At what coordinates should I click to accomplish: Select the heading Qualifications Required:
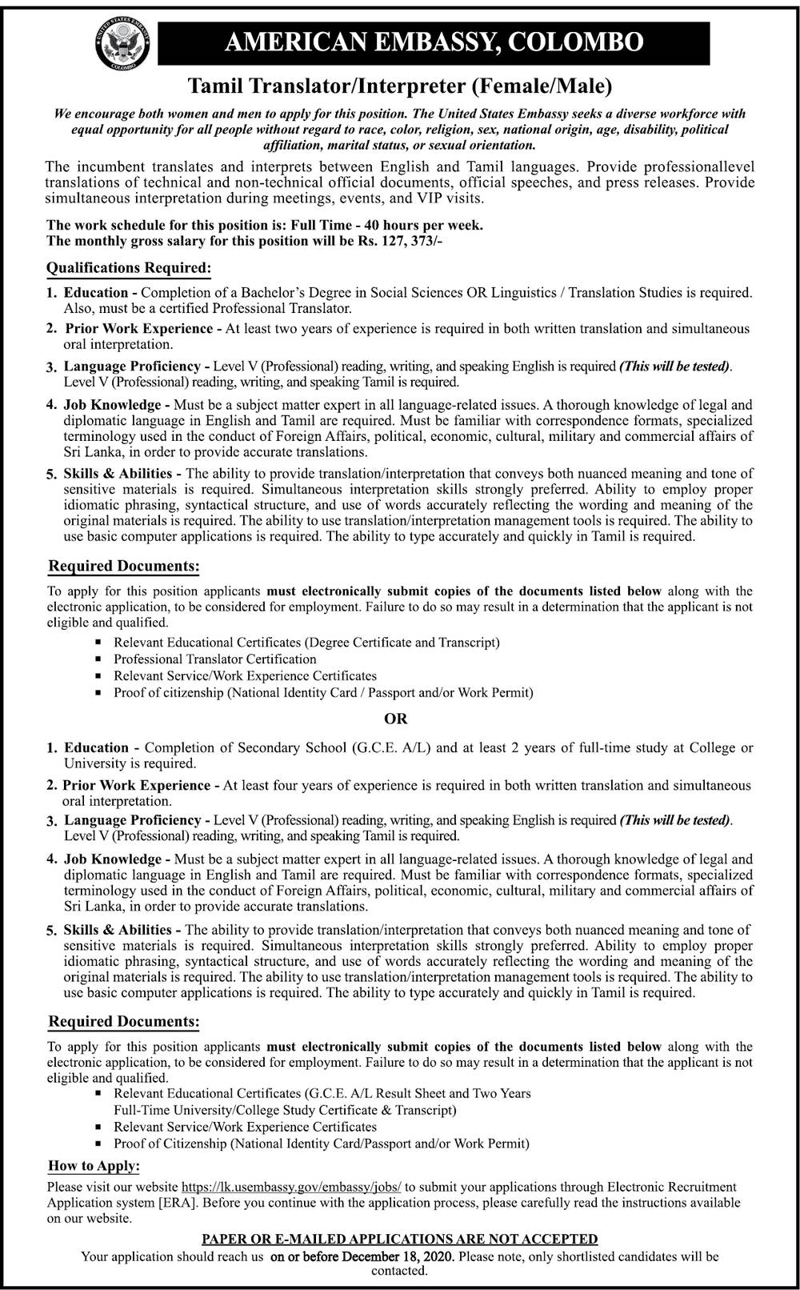pyautogui.click(x=129, y=267)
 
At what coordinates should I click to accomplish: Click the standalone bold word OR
pyautogui.click(x=396, y=719)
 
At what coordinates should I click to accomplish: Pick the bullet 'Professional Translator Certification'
pyautogui.click(x=214, y=659)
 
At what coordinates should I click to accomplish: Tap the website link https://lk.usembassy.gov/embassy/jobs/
pyautogui.click(x=291, y=1186)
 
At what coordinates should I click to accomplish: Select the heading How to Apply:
pyautogui.click(x=94, y=1166)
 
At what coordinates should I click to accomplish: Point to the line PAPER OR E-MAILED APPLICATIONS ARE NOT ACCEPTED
pyautogui.click(x=399, y=1240)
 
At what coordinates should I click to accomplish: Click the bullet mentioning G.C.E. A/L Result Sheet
pyautogui.click(x=322, y=1093)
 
